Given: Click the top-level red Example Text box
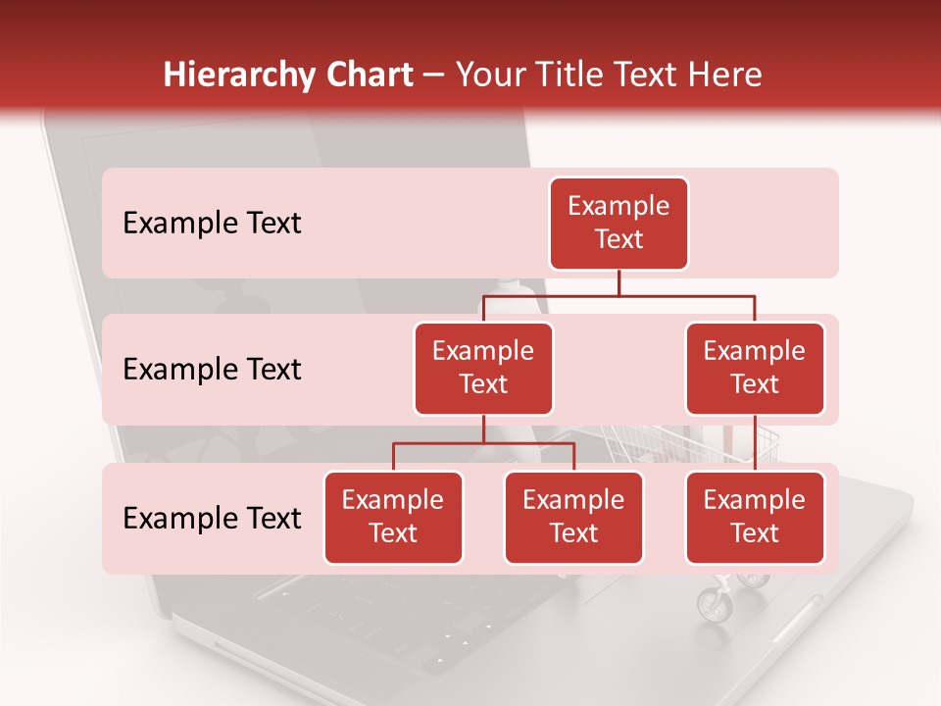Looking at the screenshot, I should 619,224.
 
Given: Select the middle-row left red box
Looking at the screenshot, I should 483,369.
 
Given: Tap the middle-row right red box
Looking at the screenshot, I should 755,369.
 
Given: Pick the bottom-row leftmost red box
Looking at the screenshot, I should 393,518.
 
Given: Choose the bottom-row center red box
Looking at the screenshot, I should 573,518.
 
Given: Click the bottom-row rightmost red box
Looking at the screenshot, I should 755,518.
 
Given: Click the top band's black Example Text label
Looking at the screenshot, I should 212,224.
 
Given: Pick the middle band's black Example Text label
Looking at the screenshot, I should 212,370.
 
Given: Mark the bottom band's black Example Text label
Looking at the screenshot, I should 212,519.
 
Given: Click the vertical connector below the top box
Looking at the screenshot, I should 619,282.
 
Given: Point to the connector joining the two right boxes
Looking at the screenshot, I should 755,443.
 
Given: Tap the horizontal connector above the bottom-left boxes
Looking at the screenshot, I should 483,443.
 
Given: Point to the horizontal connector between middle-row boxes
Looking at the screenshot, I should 619,295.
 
